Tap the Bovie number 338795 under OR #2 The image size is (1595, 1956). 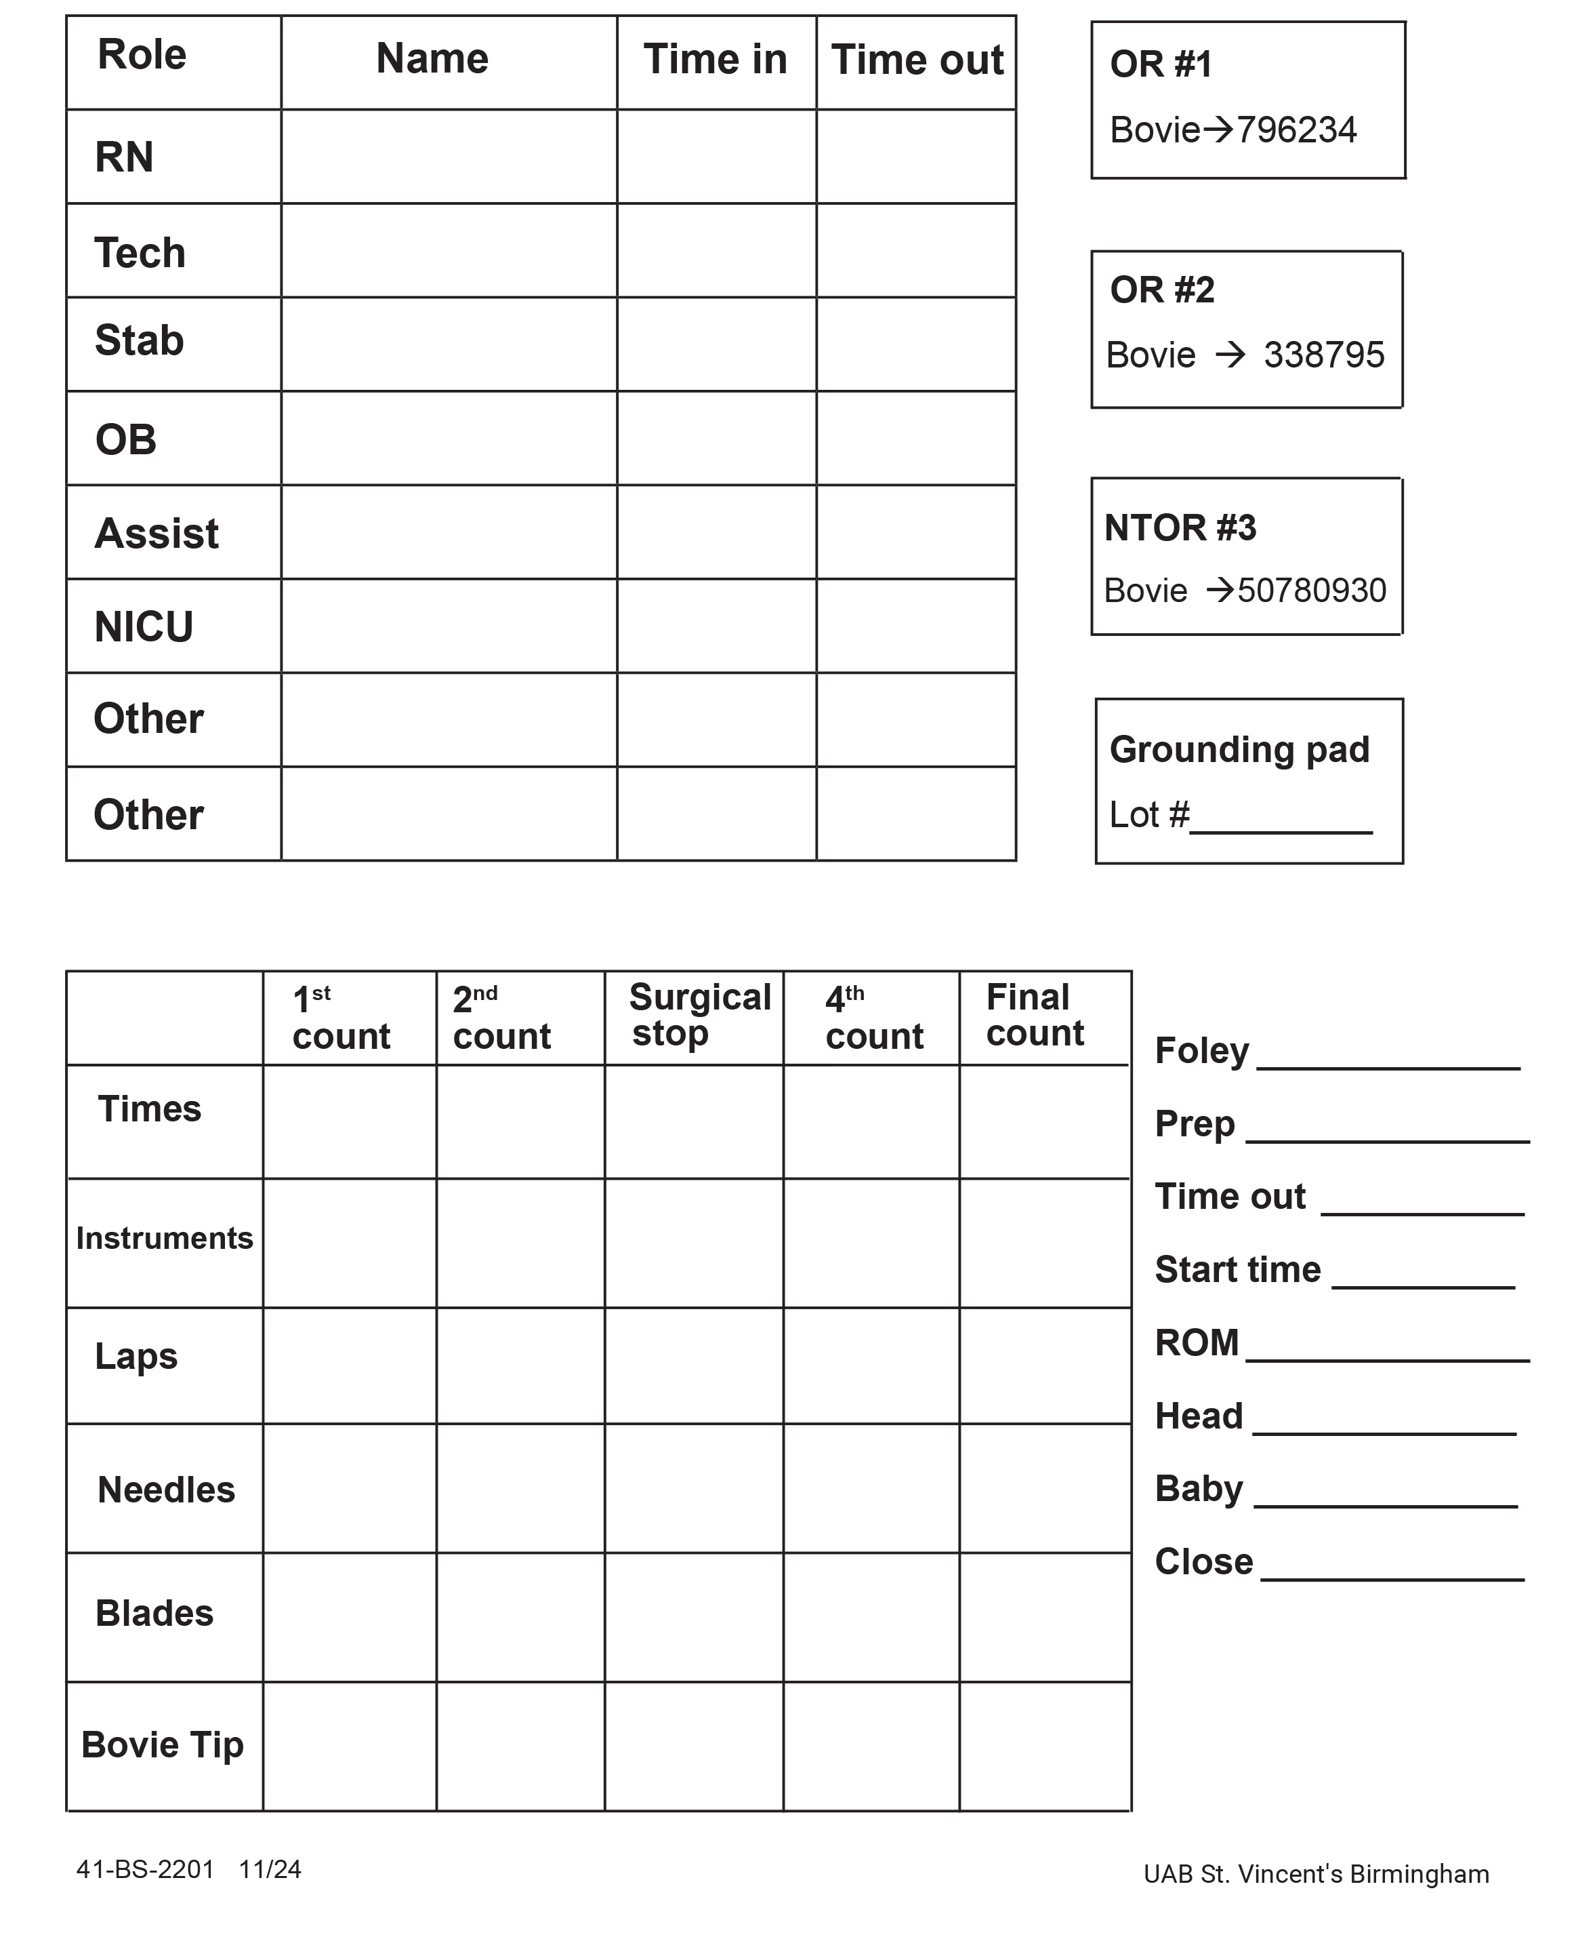click(x=1323, y=355)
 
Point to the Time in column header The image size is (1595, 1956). click(x=715, y=60)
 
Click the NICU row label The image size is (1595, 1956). click(x=144, y=628)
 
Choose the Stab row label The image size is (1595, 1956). click(x=139, y=341)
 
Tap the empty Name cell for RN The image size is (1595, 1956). click(x=449, y=157)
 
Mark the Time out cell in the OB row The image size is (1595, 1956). click(x=916, y=439)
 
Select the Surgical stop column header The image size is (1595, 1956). click(x=699, y=1015)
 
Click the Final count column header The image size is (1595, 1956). click(x=1035, y=1015)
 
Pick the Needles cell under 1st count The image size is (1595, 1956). click(x=349, y=1489)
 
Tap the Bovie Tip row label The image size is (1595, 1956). click(x=163, y=1744)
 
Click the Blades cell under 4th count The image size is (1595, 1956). click(x=871, y=1617)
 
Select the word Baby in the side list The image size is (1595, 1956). click(x=1198, y=1489)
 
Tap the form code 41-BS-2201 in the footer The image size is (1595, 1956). click(x=144, y=1870)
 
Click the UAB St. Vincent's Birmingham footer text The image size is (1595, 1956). click(x=1316, y=1874)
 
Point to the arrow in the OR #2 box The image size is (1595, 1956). click(x=1230, y=355)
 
